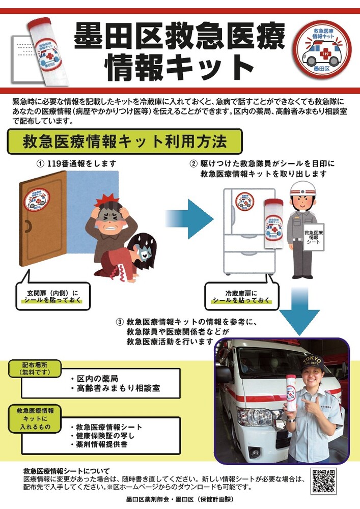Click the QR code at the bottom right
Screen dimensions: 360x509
coord(323,480)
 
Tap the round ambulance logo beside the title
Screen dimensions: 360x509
coord(322,49)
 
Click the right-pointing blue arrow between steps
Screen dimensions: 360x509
coord(189,219)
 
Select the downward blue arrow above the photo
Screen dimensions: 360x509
coord(299,311)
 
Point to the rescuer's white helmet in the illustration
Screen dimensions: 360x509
coord(303,189)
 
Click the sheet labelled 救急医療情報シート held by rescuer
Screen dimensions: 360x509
coord(314,237)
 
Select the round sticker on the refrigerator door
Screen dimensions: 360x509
coord(245,201)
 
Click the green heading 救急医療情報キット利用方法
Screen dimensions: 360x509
coord(125,142)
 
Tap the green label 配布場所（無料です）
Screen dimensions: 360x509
coord(35,369)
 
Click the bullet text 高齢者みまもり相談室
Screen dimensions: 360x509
coord(118,388)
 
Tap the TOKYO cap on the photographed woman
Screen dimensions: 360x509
coord(312,363)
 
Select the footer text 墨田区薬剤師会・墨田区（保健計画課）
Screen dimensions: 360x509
coord(180,499)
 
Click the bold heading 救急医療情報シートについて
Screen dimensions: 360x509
coord(67,471)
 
